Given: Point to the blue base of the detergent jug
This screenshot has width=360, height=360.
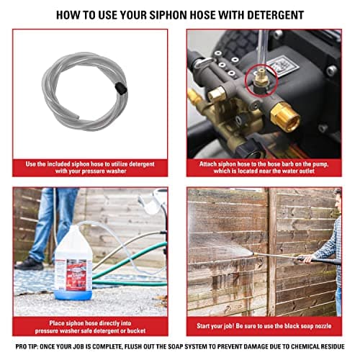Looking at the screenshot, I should tap(73, 293).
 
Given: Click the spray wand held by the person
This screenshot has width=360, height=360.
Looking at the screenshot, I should tap(274, 253).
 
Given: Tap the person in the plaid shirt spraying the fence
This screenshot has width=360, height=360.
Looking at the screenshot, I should tap(328, 245).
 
